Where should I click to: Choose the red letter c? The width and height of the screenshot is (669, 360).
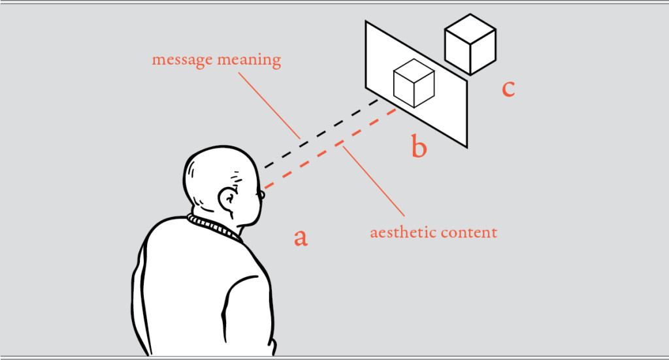click(508, 88)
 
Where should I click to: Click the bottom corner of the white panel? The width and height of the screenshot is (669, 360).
click(467, 146)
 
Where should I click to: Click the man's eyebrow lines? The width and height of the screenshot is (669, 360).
click(236, 176)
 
